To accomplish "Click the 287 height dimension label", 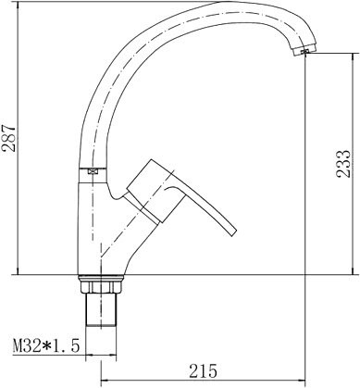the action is tap(9, 138).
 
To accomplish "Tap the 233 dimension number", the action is tap(343, 164).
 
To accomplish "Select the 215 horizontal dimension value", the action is tap(203, 370).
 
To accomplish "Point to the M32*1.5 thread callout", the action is tap(46, 345).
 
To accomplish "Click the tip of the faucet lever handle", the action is tap(233, 232).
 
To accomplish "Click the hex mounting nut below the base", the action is tap(101, 287).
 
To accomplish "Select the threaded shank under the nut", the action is tap(101, 309).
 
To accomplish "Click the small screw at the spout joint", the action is tap(93, 170).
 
